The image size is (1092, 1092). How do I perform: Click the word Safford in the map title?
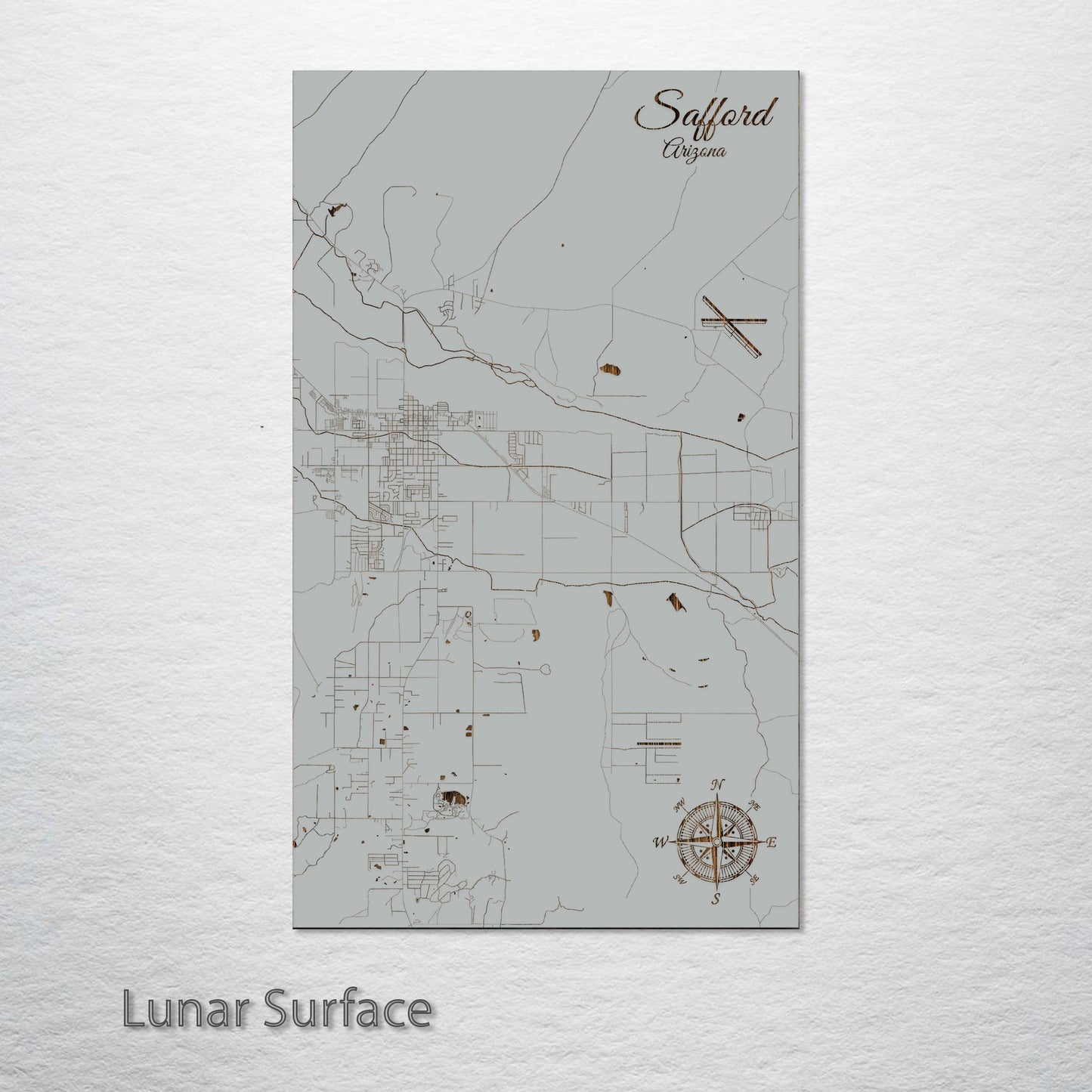click(x=705, y=112)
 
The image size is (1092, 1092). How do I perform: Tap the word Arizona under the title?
click(x=694, y=150)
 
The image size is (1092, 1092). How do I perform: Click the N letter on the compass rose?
click(x=719, y=784)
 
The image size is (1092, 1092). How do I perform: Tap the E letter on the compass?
click(x=772, y=841)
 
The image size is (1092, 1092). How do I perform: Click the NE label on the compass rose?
click(x=753, y=806)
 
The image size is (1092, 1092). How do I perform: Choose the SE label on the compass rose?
click(x=753, y=879)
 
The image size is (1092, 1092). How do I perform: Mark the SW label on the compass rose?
click(x=679, y=877)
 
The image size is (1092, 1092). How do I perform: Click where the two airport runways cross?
click(x=729, y=321)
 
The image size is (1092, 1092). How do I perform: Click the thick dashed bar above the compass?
click(x=660, y=744)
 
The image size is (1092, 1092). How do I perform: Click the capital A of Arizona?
click(x=669, y=150)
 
